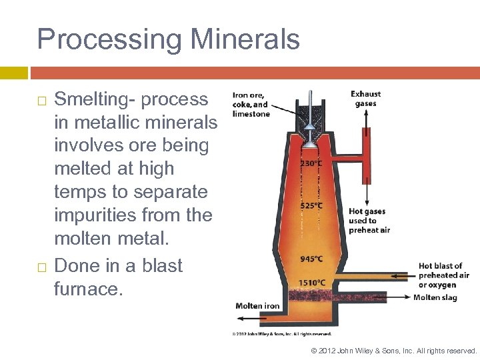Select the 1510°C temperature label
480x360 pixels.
(312, 283)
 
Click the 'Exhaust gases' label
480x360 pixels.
(366, 99)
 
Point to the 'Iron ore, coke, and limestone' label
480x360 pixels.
(251, 104)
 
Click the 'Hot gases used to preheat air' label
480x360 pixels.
(369, 221)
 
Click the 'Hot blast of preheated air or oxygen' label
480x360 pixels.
(444, 275)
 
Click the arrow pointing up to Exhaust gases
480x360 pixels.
(366, 120)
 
